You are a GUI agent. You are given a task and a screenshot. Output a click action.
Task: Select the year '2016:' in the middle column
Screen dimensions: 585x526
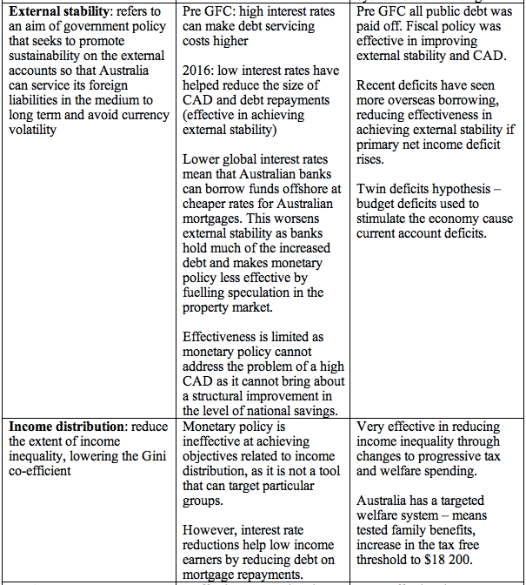[x=200, y=71]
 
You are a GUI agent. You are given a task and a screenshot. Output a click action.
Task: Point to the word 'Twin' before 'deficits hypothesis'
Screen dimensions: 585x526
[x=372, y=190]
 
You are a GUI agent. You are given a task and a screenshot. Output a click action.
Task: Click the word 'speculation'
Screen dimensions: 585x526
[x=264, y=292]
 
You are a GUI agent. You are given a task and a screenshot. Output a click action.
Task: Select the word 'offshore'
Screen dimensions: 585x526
[x=300, y=189]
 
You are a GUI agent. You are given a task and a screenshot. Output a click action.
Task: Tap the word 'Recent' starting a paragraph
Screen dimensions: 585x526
[x=378, y=86]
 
